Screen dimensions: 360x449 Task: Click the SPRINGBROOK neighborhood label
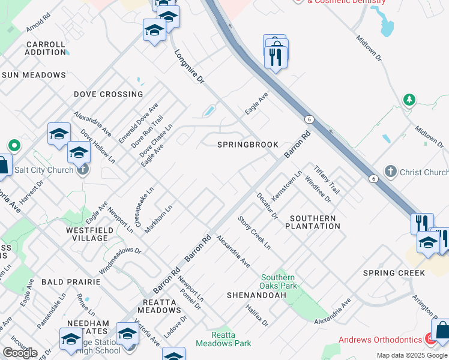click(x=248, y=145)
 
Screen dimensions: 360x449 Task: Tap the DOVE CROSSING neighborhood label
click(x=109, y=94)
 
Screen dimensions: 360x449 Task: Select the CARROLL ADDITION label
click(x=46, y=49)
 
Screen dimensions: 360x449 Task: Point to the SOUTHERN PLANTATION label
click(x=312, y=222)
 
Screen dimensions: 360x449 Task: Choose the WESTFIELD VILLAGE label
click(x=86, y=233)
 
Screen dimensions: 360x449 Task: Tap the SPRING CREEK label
click(x=394, y=273)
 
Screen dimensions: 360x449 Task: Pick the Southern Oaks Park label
click(x=277, y=282)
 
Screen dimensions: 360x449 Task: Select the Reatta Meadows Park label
click(x=223, y=340)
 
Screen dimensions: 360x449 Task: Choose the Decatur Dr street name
click(x=268, y=205)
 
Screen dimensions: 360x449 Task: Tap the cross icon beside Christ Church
click(x=391, y=172)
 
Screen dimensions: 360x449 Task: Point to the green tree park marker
click(x=409, y=100)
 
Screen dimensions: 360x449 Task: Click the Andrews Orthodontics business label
click(x=380, y=340)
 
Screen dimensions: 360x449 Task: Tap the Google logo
click(x=20, y=353)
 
